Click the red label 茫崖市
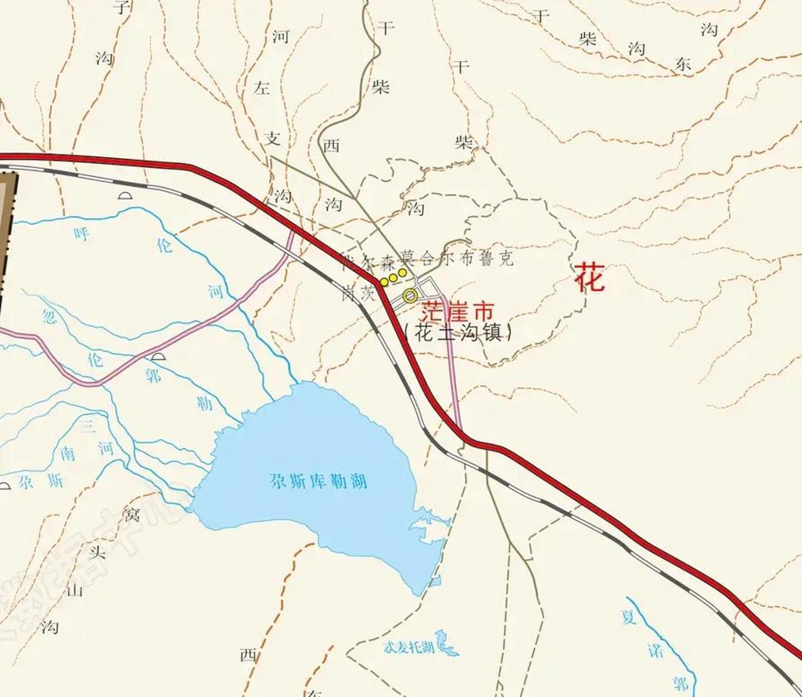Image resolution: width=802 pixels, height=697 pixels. point(457,311)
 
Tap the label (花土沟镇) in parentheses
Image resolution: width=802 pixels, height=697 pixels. point(458,332)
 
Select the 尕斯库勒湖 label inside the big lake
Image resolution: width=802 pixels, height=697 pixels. point(318,481)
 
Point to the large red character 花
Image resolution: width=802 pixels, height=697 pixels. point(590,277)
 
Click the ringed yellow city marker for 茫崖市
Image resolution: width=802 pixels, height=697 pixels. point(411,296)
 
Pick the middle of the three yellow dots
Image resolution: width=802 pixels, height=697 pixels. point(393,277)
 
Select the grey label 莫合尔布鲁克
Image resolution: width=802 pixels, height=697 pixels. point(457,258)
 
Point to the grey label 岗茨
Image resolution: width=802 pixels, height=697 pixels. point(359,294)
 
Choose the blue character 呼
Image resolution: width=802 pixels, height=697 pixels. point(82,234)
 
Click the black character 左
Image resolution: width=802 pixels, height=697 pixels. point(262,87)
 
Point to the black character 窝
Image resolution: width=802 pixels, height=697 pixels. point(131,513)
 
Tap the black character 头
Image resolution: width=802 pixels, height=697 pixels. point(98,552)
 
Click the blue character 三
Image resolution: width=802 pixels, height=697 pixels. point(87,426)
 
